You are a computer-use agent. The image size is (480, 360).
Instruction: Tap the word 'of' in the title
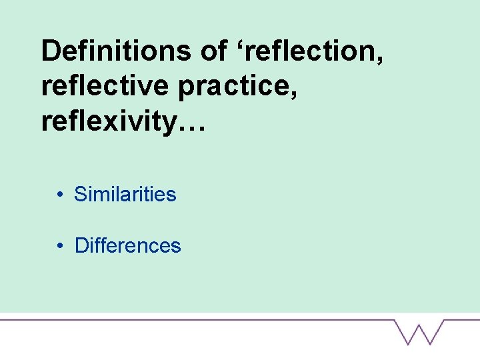pos(213,51)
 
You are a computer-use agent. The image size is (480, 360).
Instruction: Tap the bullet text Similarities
pos(125,195)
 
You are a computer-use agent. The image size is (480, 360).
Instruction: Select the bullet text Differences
pos(127,245)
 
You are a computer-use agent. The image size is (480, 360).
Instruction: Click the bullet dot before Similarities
pos(60,195)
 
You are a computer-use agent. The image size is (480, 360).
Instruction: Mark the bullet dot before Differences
pos(60,245)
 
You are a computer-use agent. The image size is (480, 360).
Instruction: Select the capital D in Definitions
pos(51,51)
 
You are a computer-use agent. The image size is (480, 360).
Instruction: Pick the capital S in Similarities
pos(80,195)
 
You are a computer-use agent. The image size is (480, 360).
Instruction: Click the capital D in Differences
pos(81,245)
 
